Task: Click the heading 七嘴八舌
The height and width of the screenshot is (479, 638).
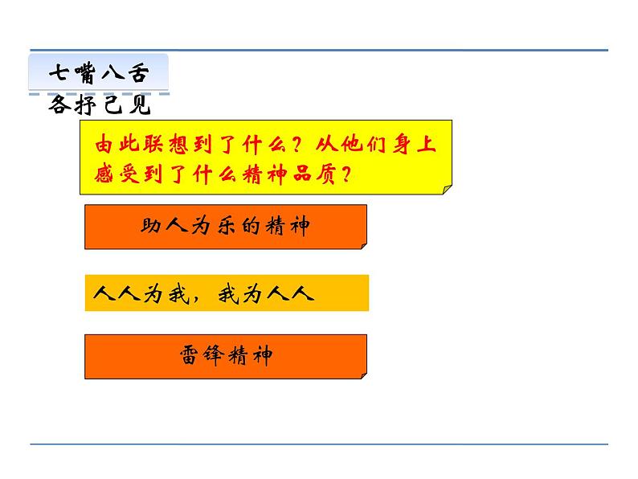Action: pyautogui.click(x=99, y=72)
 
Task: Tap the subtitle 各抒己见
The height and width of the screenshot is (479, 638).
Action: pyautogui.click(x=100, y=105)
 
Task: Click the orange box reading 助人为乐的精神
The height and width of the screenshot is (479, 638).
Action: pyautogui.click(x=225, y=227)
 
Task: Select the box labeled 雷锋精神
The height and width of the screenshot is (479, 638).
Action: pyautogui.click(x=225, y=356)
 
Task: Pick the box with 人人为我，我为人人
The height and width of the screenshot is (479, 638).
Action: pyautogui.click(x=226, y=293)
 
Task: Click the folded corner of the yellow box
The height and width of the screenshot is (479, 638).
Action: pyautogui.click(x=446, y=188)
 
